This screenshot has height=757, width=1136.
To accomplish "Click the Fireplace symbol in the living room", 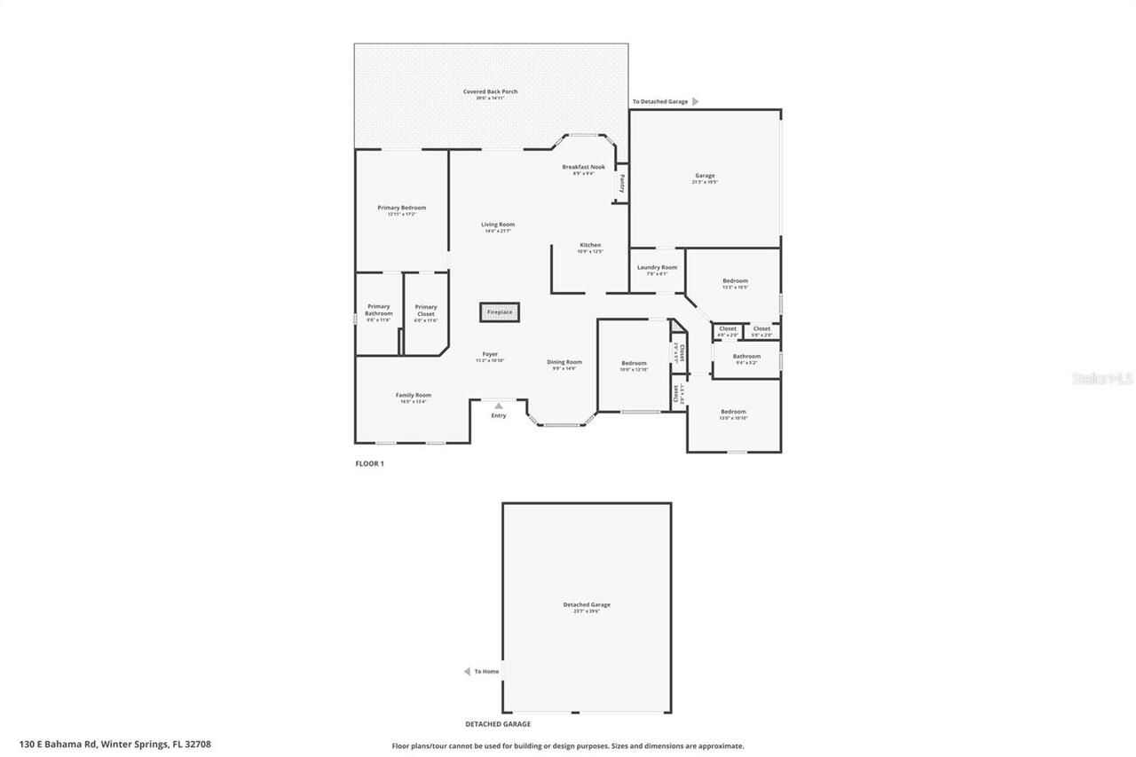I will [500, 312].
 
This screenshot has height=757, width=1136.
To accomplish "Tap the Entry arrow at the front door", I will [499, 406].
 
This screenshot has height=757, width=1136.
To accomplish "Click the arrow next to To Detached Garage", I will [696, 102].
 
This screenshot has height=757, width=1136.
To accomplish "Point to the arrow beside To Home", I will [467, 672].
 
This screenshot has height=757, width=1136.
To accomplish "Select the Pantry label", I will [622, 183].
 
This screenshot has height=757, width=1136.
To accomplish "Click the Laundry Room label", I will [657, 267].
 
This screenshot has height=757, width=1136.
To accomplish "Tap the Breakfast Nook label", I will [583, 167].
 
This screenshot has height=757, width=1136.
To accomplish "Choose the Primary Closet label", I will [426, 310].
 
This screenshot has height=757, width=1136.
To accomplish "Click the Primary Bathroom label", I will [379, 310].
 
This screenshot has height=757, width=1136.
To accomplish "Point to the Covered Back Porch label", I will [490, 91].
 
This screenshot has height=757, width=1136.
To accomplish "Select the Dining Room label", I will [564, 361].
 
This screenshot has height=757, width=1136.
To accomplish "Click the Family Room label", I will [414, 395].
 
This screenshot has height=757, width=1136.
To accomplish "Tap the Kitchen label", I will [590, 245].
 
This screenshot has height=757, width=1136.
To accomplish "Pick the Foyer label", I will [490, 354].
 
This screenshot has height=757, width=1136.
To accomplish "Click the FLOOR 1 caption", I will [369, 463].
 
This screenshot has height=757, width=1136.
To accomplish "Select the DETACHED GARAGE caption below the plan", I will [498, 724].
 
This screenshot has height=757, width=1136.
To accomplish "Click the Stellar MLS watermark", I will [1102, 378].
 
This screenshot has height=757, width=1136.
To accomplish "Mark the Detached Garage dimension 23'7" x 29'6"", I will [587, 611].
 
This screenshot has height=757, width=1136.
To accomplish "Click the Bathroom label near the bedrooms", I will [746, 356].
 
